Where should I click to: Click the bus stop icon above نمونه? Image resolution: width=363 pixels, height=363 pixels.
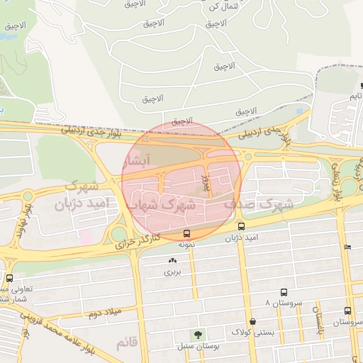pyautogui.click(x=186, y=233)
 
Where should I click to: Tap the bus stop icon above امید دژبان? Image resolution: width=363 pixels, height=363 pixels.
pyautogui.click(x=241, y=227)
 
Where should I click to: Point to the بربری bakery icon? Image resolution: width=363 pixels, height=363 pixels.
pyautogui.click(x=172, y=260)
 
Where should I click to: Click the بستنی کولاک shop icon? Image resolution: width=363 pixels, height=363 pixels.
pyautogui.click(x=252, y=321)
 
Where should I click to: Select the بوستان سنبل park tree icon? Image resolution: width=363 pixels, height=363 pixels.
pyautogui.click(x=196, y=334)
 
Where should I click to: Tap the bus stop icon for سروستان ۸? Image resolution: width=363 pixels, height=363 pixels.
pyautogui.click(x=284, y=292)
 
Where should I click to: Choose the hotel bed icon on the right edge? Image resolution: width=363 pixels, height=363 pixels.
pyautogui.click(x=347, y=247)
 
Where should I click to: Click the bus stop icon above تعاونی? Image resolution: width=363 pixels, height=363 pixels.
pyautogui.click(x=9, y=277)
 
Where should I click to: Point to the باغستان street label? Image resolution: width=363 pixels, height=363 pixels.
pyautogui.click(x=319, y=323)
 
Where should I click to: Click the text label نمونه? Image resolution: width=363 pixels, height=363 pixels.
pyautogui.click(x=186, y=244)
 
